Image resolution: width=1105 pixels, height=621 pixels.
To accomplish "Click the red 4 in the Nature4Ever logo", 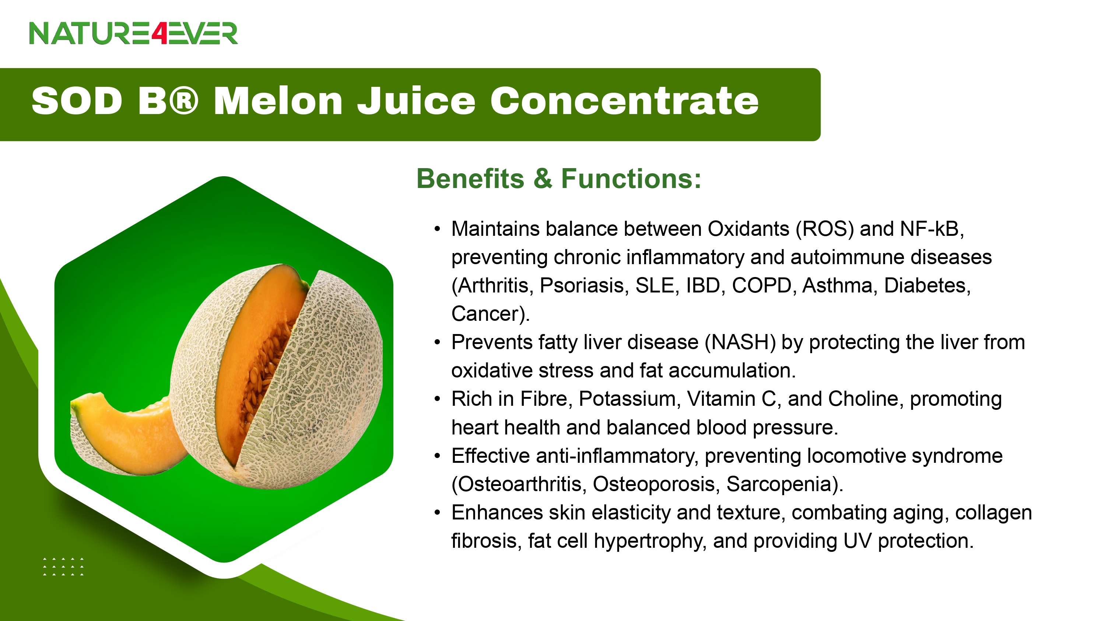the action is point(159,33).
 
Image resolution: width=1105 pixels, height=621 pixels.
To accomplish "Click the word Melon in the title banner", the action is point(278,101).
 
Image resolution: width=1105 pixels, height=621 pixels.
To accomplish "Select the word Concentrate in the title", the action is point(625,101).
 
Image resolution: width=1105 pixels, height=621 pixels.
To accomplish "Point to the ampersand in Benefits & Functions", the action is point(543,178).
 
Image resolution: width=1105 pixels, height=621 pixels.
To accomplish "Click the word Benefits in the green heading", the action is point(470,178).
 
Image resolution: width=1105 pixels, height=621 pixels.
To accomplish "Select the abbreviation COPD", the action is point(762,286).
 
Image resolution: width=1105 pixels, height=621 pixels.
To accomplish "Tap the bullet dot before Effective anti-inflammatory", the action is point(437,456).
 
